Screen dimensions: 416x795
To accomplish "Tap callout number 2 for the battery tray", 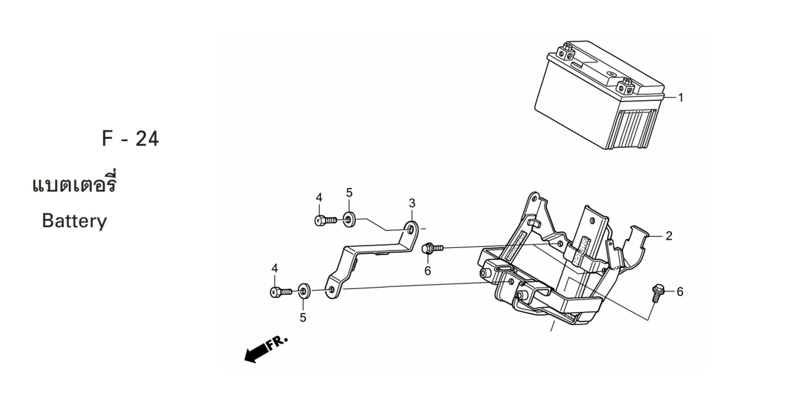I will point(669,236).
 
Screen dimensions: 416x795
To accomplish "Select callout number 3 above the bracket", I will point(412,204).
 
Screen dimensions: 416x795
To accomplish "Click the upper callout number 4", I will point(319,198).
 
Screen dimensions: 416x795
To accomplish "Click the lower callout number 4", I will point(274,268).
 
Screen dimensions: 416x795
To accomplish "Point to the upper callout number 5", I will point(349,193).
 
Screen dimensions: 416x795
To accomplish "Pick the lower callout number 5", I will point(303,317).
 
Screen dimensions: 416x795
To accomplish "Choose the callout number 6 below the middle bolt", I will point(428,271).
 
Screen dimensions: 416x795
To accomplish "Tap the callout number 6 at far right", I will point(680,291).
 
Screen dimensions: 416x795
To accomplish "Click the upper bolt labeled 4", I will point(325,220).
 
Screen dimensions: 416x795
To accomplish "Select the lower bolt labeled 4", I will point(280,292).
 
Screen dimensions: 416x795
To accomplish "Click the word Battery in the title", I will point(74,221).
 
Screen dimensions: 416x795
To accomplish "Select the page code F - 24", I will point(130,139).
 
